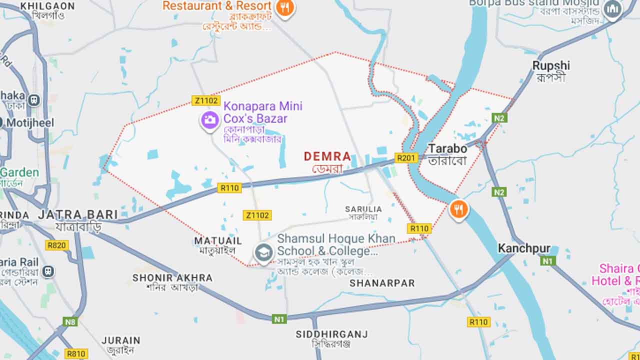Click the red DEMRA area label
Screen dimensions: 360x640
point(327,156)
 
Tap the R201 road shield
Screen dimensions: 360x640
point(406,158)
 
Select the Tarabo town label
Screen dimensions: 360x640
point(447,148)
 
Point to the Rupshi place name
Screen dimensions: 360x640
point(551,65)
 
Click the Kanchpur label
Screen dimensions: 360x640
point(524,248)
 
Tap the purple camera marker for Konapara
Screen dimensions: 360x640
point(210,120)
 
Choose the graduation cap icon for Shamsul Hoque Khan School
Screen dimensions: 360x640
point(263,253)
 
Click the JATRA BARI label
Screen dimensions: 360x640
point(78,214)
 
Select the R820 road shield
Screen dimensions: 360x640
point(56,245)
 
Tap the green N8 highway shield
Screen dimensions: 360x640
point(70,321)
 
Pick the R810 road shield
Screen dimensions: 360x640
point(76,353)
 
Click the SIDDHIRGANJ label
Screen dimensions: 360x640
point(331,334)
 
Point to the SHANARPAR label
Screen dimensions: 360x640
point(382,283)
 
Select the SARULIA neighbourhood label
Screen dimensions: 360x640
point(363,209)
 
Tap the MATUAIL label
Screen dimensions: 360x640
point(218,241)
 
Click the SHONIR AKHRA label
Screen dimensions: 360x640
point(172,277)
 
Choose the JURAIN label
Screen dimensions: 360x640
point(121,340)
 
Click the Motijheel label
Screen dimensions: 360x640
point(30,123)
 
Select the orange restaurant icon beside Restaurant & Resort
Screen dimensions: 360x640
point(285,7)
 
